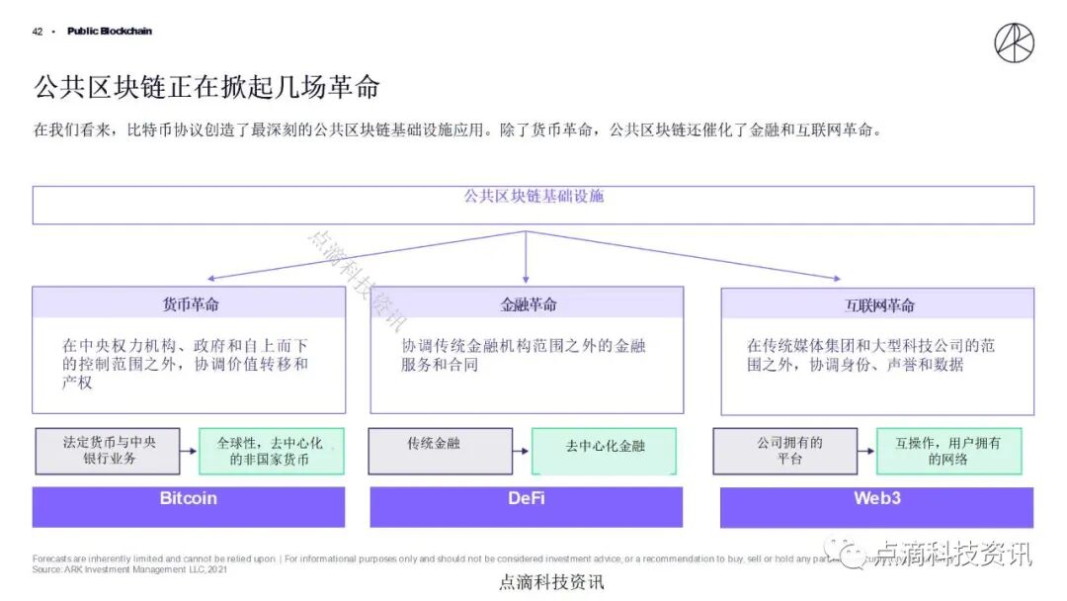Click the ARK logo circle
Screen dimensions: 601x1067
point(1014,43)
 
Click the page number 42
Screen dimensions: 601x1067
point(38,32)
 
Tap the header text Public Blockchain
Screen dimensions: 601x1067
point(110,32)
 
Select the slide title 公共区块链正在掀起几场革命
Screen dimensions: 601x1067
point(206,87)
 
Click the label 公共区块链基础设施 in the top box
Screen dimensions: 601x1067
point(533,196)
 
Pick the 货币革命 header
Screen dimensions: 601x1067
point(190,303)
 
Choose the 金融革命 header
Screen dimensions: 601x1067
point(528,303)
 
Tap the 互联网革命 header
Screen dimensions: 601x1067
point(878,304)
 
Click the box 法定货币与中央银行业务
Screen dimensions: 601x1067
point(108,451)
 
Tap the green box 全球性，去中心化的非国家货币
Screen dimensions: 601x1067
point(271,451)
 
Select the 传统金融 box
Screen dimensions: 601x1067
point(441,451)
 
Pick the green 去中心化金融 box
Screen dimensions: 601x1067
point(604,451)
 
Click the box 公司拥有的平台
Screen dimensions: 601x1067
point(789,451)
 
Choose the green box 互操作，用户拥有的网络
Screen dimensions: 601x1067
point(948,451)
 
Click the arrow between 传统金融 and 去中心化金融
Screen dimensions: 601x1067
point(522,452)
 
